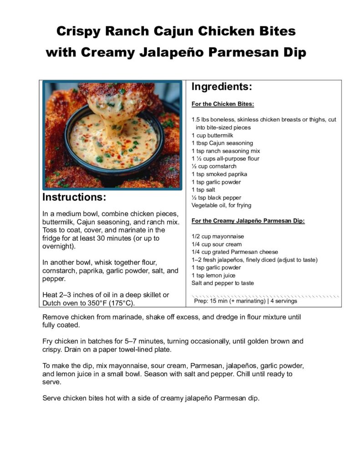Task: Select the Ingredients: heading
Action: (x=222, y=87)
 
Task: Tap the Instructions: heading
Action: (x=74, y=198)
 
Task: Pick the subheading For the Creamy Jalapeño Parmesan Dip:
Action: (x=248, y=221)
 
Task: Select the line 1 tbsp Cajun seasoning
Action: (x=219, y=143)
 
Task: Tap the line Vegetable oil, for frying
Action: (x=221, y=205)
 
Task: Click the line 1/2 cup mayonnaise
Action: (x=218, y=237)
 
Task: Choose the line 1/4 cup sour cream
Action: (x=217, y=244)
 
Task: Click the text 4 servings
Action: (x=284, y=301)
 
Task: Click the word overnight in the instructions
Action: (x=58, y=247)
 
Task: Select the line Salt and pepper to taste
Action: (x=223, y=283)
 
